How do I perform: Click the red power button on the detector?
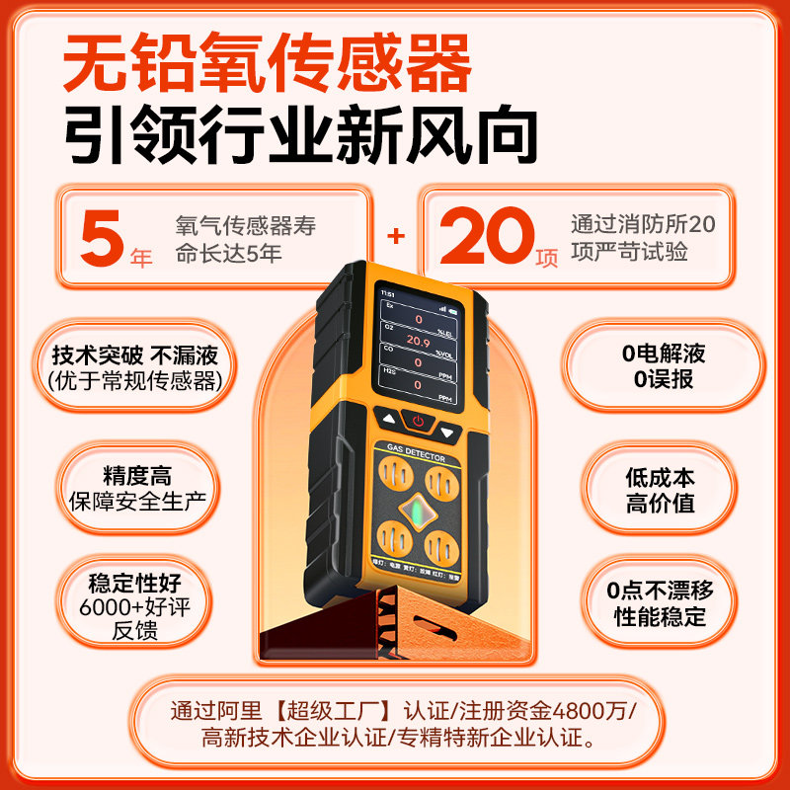418,422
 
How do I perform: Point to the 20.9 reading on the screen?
419,341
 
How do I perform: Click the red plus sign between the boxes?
396,236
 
